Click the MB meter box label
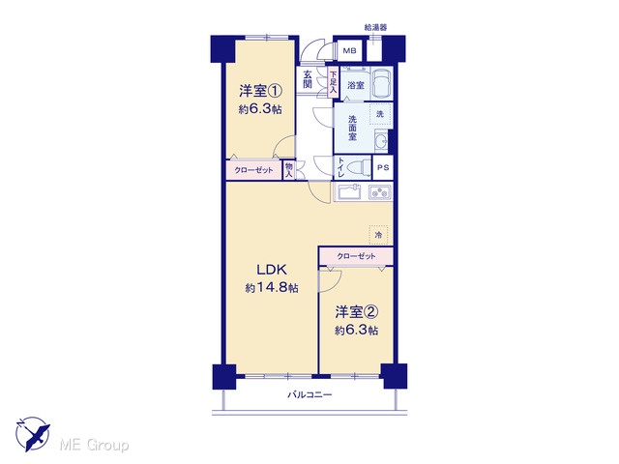[x=349, y=51]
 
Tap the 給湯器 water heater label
[x=375, y=28]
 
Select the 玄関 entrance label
[x=308, y=79]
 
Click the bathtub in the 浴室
[x=383, y=84]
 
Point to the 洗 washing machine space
[x=380, y=114]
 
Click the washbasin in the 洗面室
[x=381, y=141]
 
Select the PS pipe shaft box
[x=383, y=167]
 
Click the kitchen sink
[x=349, y=192]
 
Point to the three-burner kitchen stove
[x=380, y=192]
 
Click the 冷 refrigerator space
[x=378, y=235]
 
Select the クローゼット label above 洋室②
[x=356, y=256]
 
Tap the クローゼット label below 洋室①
[x=253, y=170]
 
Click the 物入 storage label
[x=289, y=170]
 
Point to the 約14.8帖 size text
[x=272, y=288]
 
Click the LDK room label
[x=271, y=270]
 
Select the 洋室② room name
[x=357, y=312]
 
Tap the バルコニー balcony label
[x=309, y=394]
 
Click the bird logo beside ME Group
[x=33, y=434]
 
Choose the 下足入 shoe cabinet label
[x=334, y=82]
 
